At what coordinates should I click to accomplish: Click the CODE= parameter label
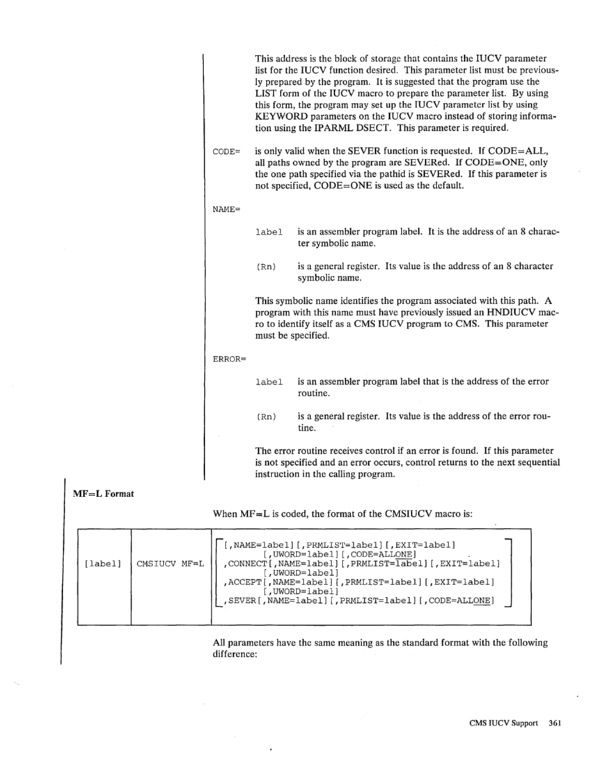[x=225, y=150]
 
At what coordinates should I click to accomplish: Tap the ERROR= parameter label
[x=226, y=359]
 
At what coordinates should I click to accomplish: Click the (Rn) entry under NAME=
[x=266, y=266]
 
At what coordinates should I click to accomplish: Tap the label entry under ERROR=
[x=269, y=382]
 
